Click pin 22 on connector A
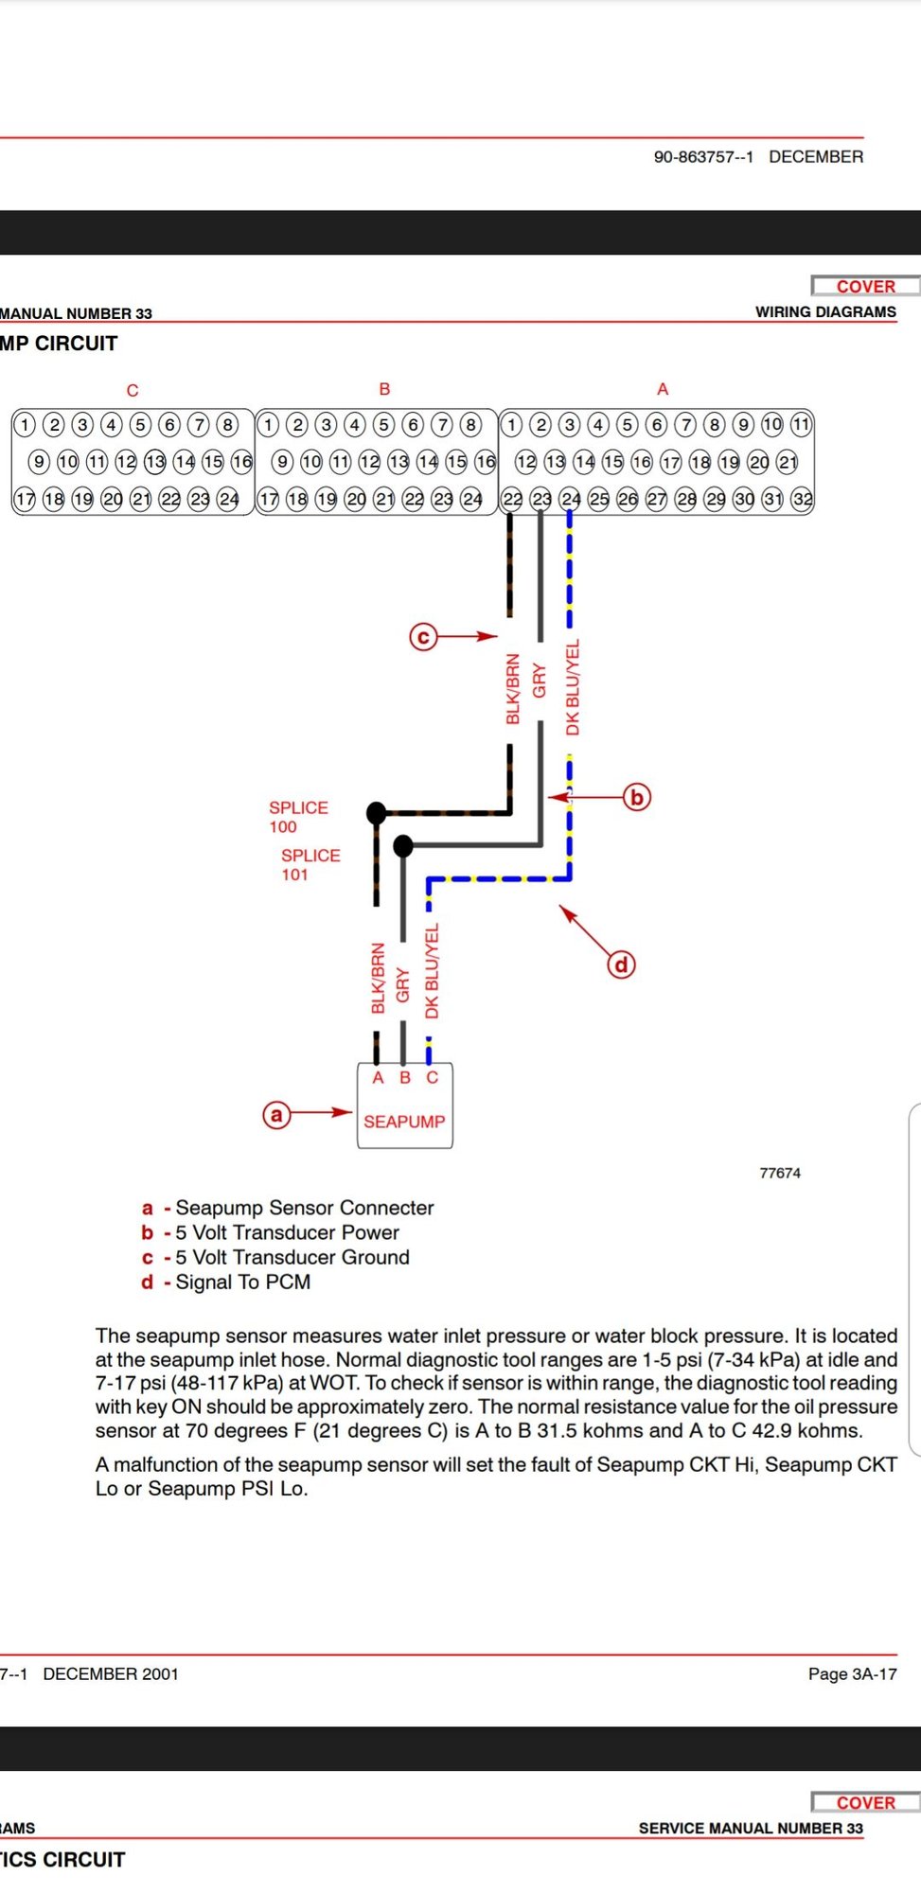point(512,499)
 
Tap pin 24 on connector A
point(570,499)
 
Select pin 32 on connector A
point(803,499)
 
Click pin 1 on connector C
point(25,424)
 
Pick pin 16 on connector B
point(486,462)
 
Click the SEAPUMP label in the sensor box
point(404,1122)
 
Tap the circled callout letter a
point(276,1114)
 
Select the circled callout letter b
point(637,797)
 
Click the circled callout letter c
point(423,637)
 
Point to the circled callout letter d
point(621,964)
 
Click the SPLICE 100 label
point(298,817)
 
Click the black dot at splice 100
point(377,812)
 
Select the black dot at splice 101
point(403,844)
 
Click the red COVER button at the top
point(865,286)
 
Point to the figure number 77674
point(780,1173)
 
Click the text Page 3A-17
point(852,1673)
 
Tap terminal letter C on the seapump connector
point(432,1077)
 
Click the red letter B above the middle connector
point(384,389)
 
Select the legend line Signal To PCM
point(226,1282)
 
